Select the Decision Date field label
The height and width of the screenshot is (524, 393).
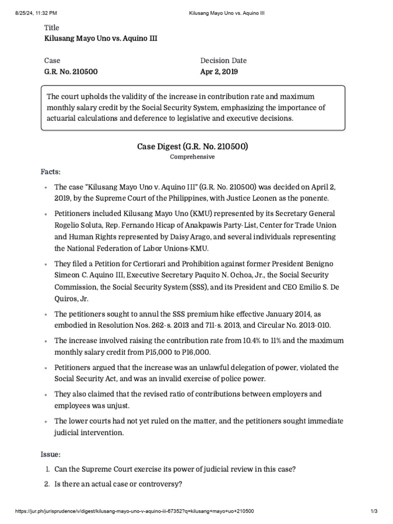tap(223, 60)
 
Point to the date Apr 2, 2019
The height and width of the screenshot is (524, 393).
tap(219, 72)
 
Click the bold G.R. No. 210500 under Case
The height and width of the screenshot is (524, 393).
tap(71, 72)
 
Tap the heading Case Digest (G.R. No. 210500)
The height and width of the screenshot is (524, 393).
tap(192, 147)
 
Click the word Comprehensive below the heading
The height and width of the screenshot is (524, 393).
tap(192, 157)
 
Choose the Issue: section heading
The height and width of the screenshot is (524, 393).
tap(51, 454)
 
